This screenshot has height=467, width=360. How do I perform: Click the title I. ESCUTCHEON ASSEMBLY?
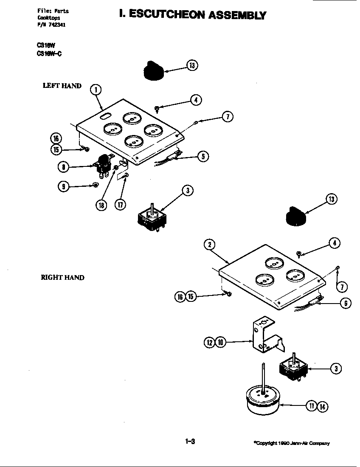point(193,15)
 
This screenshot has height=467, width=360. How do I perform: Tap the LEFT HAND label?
point(62,86)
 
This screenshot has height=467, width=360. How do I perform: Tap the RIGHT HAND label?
point(62,278)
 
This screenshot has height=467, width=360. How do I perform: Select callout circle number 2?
point(209,245)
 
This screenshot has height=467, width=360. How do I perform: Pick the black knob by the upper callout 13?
point(154,70)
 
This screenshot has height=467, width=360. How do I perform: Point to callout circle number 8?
point(63,167)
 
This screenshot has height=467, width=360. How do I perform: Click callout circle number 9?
point(64,186)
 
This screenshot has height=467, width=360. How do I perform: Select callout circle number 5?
point(203,156)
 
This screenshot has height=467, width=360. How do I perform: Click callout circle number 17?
point(120,204)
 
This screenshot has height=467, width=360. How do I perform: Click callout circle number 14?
point(323,406)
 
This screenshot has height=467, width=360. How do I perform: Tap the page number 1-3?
point(190,442)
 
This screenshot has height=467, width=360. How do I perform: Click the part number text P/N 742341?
point(51,25)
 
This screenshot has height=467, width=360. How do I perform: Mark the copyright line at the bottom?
point(291,443)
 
